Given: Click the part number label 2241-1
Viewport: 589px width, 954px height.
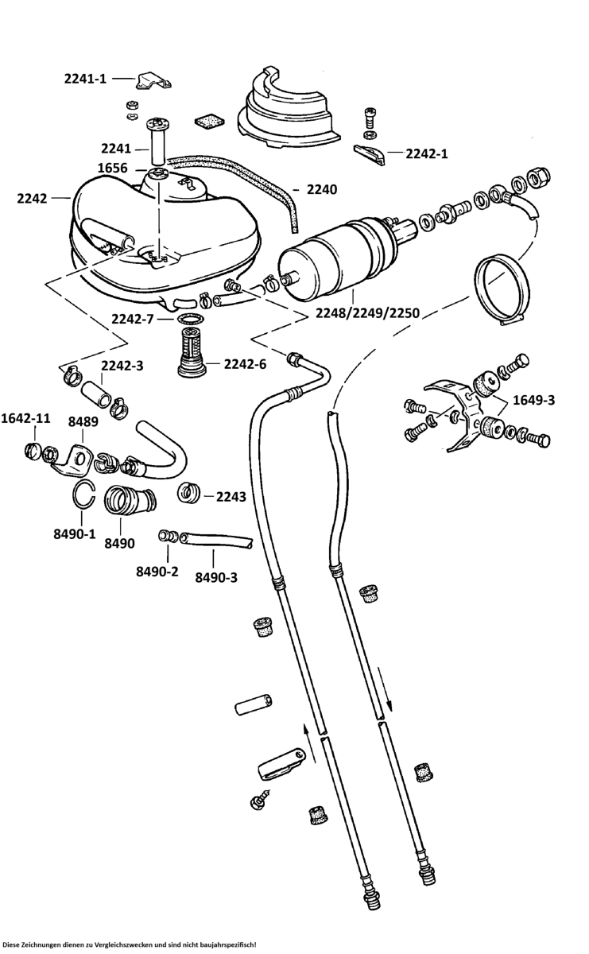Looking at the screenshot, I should point(85,78).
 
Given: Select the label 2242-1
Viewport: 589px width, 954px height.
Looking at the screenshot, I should point(427,153).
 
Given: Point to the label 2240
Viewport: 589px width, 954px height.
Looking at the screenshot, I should point(321,190).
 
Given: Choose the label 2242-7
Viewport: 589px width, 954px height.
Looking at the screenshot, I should point(132,320).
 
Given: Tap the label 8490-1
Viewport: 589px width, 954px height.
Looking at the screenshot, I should point(75,535).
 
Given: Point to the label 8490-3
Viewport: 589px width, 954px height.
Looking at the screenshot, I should point(216,577).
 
